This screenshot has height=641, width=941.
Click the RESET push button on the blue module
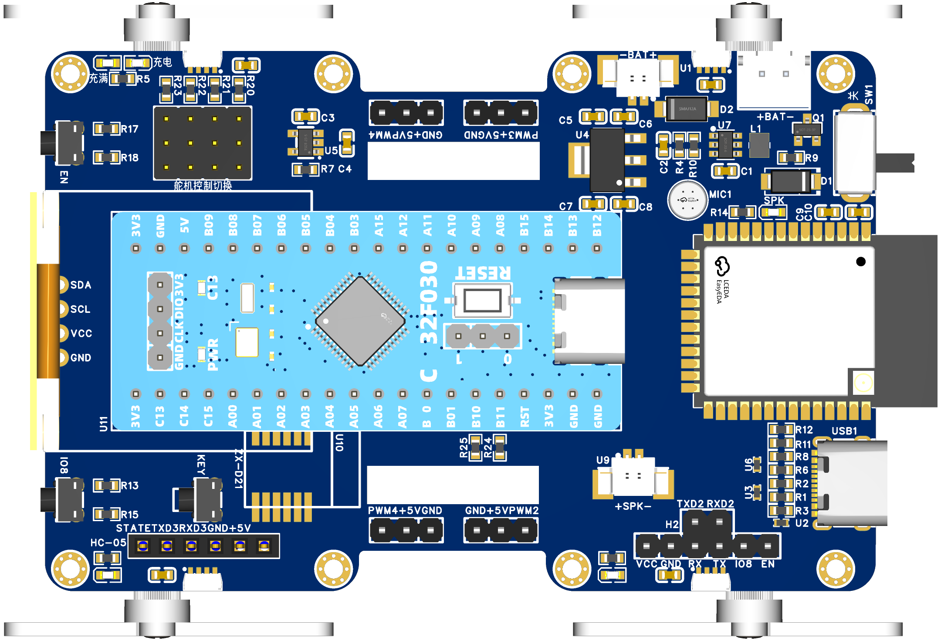482,300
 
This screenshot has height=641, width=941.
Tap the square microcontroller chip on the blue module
360,322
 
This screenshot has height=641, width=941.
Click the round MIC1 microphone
687,200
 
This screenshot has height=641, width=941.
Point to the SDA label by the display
81,285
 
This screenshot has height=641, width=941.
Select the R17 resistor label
129,129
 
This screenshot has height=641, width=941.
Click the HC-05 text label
108,543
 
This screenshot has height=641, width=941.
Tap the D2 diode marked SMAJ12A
687,109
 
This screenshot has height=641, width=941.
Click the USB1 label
844,431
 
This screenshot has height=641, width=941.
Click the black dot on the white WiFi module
860,261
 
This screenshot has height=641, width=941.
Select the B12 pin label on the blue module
597,225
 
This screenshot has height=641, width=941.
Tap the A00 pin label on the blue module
233,416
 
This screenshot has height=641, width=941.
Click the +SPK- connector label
633,506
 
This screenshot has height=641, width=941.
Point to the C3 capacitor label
328,118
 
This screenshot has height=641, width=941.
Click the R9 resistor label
811,158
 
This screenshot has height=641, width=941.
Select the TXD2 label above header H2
690,504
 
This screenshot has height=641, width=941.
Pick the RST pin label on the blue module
525,416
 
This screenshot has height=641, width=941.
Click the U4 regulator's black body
607,159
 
